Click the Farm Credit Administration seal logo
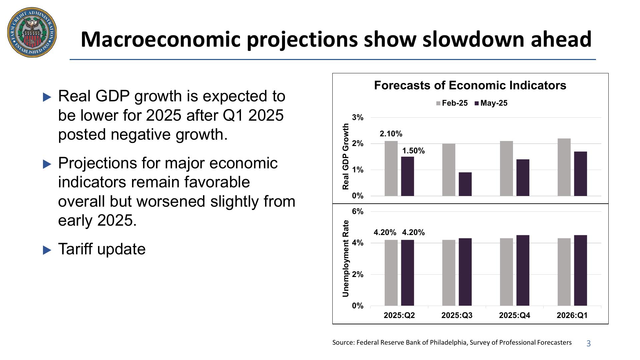tap(32, 32)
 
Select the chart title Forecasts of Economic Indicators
tap(470, 85)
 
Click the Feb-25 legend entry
tap(452, 103)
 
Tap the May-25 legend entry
tap(491, 103)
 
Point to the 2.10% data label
tap(391, 134)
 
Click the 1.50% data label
tap(413, 151)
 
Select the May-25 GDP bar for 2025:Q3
tap(465, 184)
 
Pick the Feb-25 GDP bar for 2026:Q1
tap(564, 167)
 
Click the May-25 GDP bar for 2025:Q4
tap(523, 178)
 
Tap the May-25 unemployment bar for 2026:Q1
tap(580, 270)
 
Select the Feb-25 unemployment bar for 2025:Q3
tap(449, 273)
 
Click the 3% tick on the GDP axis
tap(358, 117)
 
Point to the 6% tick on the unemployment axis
tap(358, 212)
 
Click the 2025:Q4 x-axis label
tap(514, 315)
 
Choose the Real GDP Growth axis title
tap(346, 156)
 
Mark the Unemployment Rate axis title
tap(346, 258)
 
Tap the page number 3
tap(588, 344)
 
